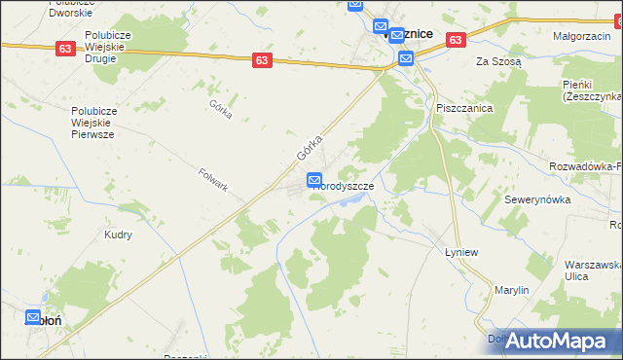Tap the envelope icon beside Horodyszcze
(314, 180)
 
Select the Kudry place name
(118, 234)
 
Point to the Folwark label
(212, 180)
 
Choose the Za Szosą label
(498, 60)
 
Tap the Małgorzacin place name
(581, 35)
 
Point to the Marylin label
(511, 290)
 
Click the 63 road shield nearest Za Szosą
(456, 40)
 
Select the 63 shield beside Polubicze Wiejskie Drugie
(65, 49)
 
